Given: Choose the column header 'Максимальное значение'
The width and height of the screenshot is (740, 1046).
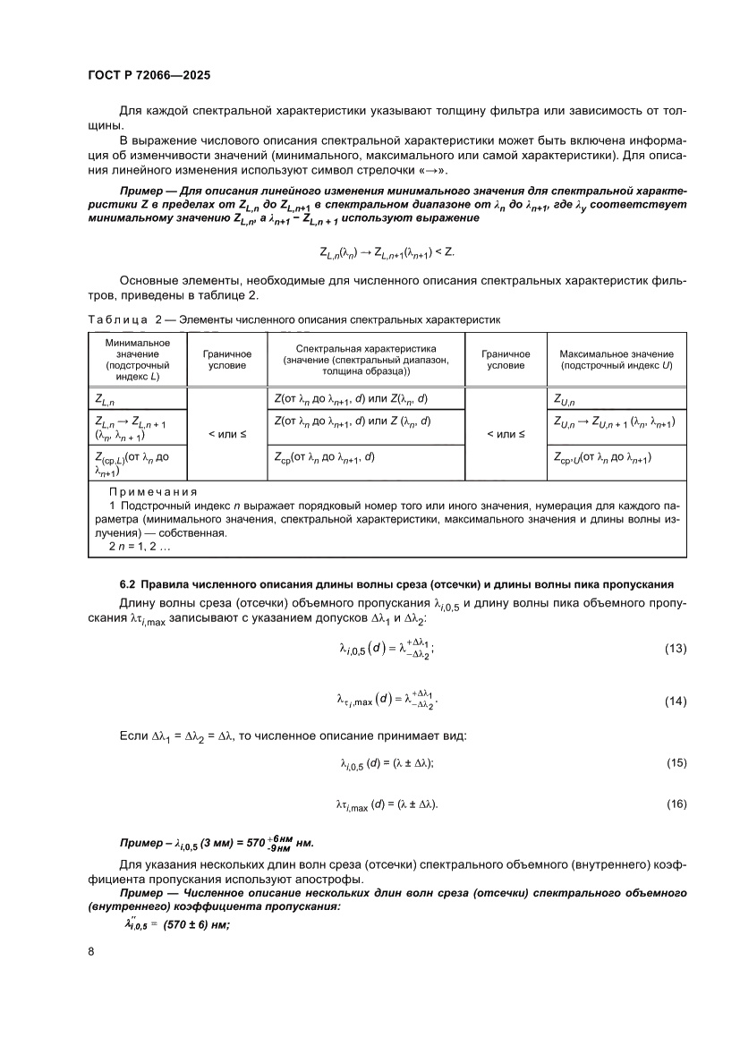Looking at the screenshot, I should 611,354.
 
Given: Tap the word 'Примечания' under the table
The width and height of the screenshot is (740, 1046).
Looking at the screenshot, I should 152,491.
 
